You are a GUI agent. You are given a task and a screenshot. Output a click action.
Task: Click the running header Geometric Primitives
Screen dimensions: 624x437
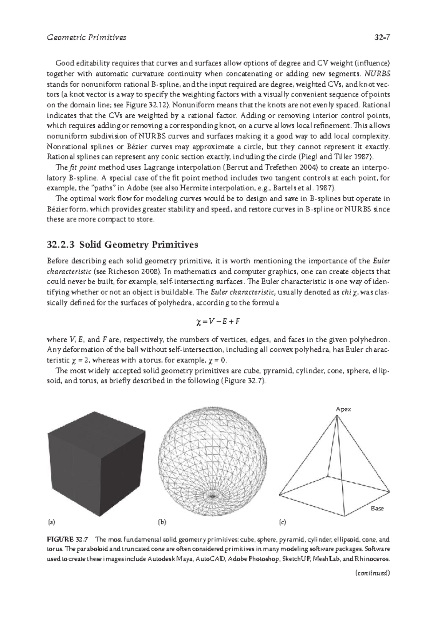point(87,37)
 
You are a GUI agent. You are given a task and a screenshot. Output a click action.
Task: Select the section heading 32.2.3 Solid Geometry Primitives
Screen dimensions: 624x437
point(123,245)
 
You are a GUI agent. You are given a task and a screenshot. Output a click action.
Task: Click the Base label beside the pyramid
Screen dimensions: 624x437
point(377,508)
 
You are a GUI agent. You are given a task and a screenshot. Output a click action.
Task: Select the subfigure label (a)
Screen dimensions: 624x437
point(51,522)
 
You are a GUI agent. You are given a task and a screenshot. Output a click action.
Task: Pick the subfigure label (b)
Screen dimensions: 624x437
point(162,522)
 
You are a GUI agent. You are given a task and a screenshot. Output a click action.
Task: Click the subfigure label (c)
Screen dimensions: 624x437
point(283,522)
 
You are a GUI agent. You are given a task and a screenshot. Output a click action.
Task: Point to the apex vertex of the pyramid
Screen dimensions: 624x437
point(337,416)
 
